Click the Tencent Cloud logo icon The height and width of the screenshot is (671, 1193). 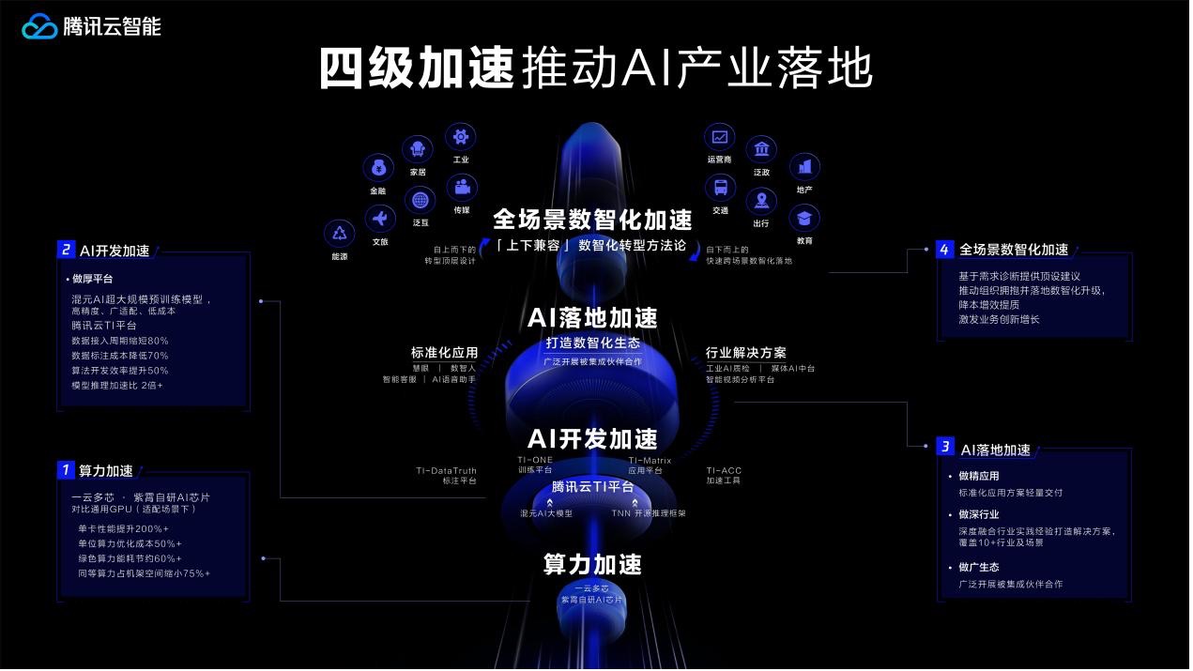click(40, 27)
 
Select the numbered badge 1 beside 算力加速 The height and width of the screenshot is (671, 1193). click(66, 469)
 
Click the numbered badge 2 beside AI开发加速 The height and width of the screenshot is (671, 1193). click(66, 250)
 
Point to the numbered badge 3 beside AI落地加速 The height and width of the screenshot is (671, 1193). click(946, 448)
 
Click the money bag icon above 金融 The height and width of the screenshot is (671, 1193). click(378, 169)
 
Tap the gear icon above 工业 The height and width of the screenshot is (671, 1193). click(460, 137)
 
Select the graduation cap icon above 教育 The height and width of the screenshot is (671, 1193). click(803, 219)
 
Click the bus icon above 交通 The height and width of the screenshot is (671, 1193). click(720, 187)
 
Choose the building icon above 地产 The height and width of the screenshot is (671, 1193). click(803, 167)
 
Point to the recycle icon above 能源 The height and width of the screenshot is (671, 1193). click(339, 234)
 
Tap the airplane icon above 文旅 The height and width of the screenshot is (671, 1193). click(380, 220)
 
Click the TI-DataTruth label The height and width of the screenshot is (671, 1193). click(446, 470)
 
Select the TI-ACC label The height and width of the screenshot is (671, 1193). click(724, 470)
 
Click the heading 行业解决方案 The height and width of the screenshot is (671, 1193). click(746, 353)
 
